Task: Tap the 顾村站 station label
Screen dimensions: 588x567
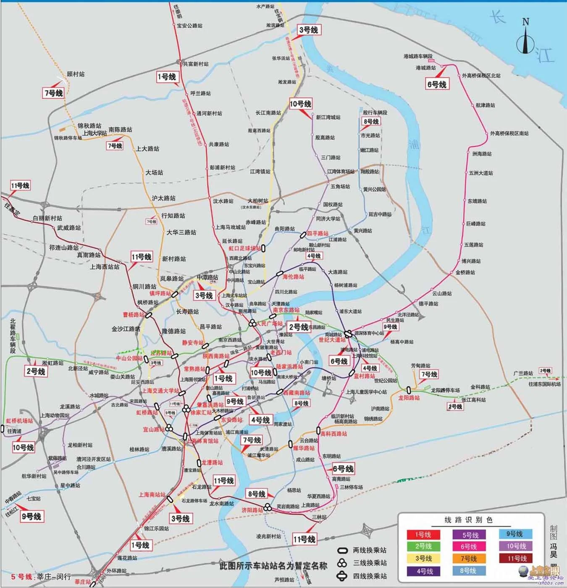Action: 76,74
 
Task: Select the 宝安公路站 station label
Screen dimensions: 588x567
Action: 189,26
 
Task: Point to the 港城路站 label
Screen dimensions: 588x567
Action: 426,68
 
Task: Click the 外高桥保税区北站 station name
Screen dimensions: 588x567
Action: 481,76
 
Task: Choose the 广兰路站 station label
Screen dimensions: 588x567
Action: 523,373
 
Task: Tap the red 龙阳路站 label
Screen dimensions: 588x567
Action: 409,398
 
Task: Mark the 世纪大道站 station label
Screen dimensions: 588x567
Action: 332,340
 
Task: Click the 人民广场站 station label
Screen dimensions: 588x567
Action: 269,324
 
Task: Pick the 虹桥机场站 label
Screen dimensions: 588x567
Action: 19,421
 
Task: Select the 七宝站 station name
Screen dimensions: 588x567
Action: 34,498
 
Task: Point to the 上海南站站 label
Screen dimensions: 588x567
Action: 152,495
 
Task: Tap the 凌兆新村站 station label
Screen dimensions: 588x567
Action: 268,536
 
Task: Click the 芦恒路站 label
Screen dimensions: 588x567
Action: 284,580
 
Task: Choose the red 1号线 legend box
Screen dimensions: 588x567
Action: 423,535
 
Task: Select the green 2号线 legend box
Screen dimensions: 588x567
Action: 423,546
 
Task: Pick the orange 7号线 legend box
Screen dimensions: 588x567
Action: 468,559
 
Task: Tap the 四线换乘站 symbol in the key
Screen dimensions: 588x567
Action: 342,576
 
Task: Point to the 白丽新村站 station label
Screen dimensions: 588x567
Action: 47,218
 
